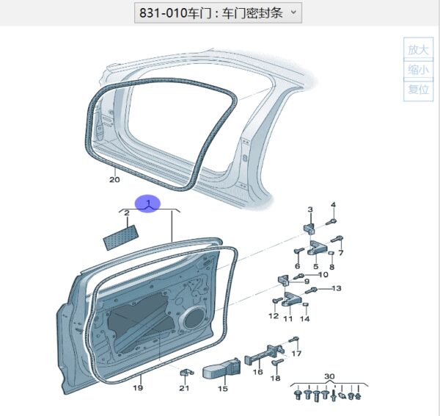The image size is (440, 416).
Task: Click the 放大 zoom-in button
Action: coord(418,49)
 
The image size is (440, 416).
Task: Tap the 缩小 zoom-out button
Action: coord(418,70)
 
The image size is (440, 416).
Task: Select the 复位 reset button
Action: coord(418,90)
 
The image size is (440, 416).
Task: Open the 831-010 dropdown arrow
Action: coord(293,12)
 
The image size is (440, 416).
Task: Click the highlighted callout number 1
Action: coord(148,203)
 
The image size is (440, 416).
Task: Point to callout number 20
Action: coord(114,179)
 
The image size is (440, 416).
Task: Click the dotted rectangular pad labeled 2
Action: coord(121,237)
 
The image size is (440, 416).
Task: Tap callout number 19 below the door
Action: coord(138,388)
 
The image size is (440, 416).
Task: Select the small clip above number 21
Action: coord(186,373)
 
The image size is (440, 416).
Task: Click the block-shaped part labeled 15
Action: coord(221,367)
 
